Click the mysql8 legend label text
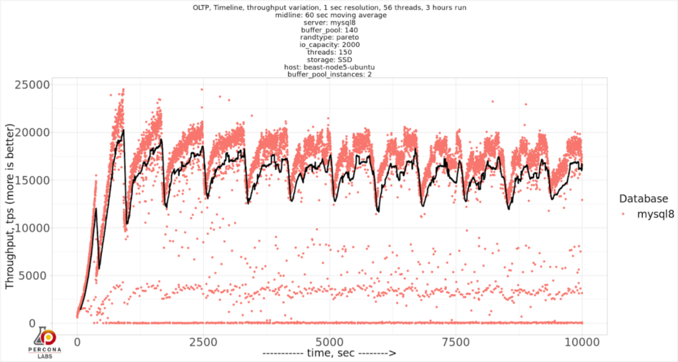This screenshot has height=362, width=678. (x=655, y=214)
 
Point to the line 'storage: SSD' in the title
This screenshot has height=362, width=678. (x=329, y=60)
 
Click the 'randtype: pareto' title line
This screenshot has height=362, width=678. (x=329, y=38)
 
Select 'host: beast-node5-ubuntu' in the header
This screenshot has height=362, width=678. (x=329, y=67)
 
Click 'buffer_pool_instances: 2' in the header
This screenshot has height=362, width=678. (x=329, y=74)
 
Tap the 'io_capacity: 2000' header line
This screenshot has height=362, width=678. (x=329, y=45)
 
